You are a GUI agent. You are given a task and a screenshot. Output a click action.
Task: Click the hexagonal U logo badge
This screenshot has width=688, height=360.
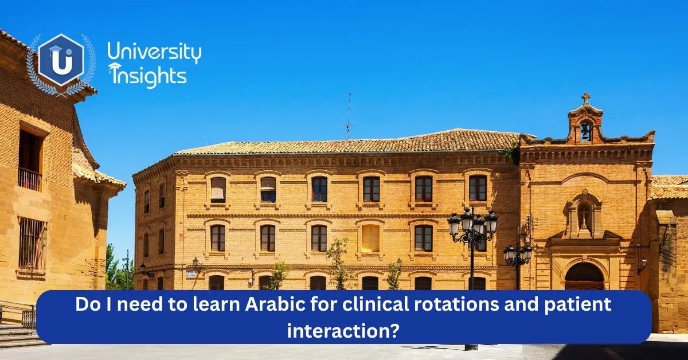[x=61, y=60]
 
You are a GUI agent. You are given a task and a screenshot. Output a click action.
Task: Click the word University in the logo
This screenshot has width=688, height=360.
[x=154, y=53]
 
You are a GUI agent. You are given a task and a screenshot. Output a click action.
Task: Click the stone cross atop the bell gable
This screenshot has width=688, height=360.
[x=585, y=99]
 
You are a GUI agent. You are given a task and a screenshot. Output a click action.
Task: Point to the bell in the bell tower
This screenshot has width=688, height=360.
[x=585, y=131]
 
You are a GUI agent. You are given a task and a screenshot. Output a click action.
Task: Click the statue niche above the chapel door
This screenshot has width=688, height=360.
[x=584, y=214]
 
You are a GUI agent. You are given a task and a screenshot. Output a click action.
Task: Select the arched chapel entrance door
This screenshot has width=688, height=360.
[x=584, y=276]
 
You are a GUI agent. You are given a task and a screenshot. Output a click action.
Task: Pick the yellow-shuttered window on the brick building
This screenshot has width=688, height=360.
[x=370, y=237]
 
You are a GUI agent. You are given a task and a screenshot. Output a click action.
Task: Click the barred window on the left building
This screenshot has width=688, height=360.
[x=32, y=244]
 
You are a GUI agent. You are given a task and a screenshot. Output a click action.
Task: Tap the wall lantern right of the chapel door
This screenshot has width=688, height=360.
[x=643, y=263]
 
